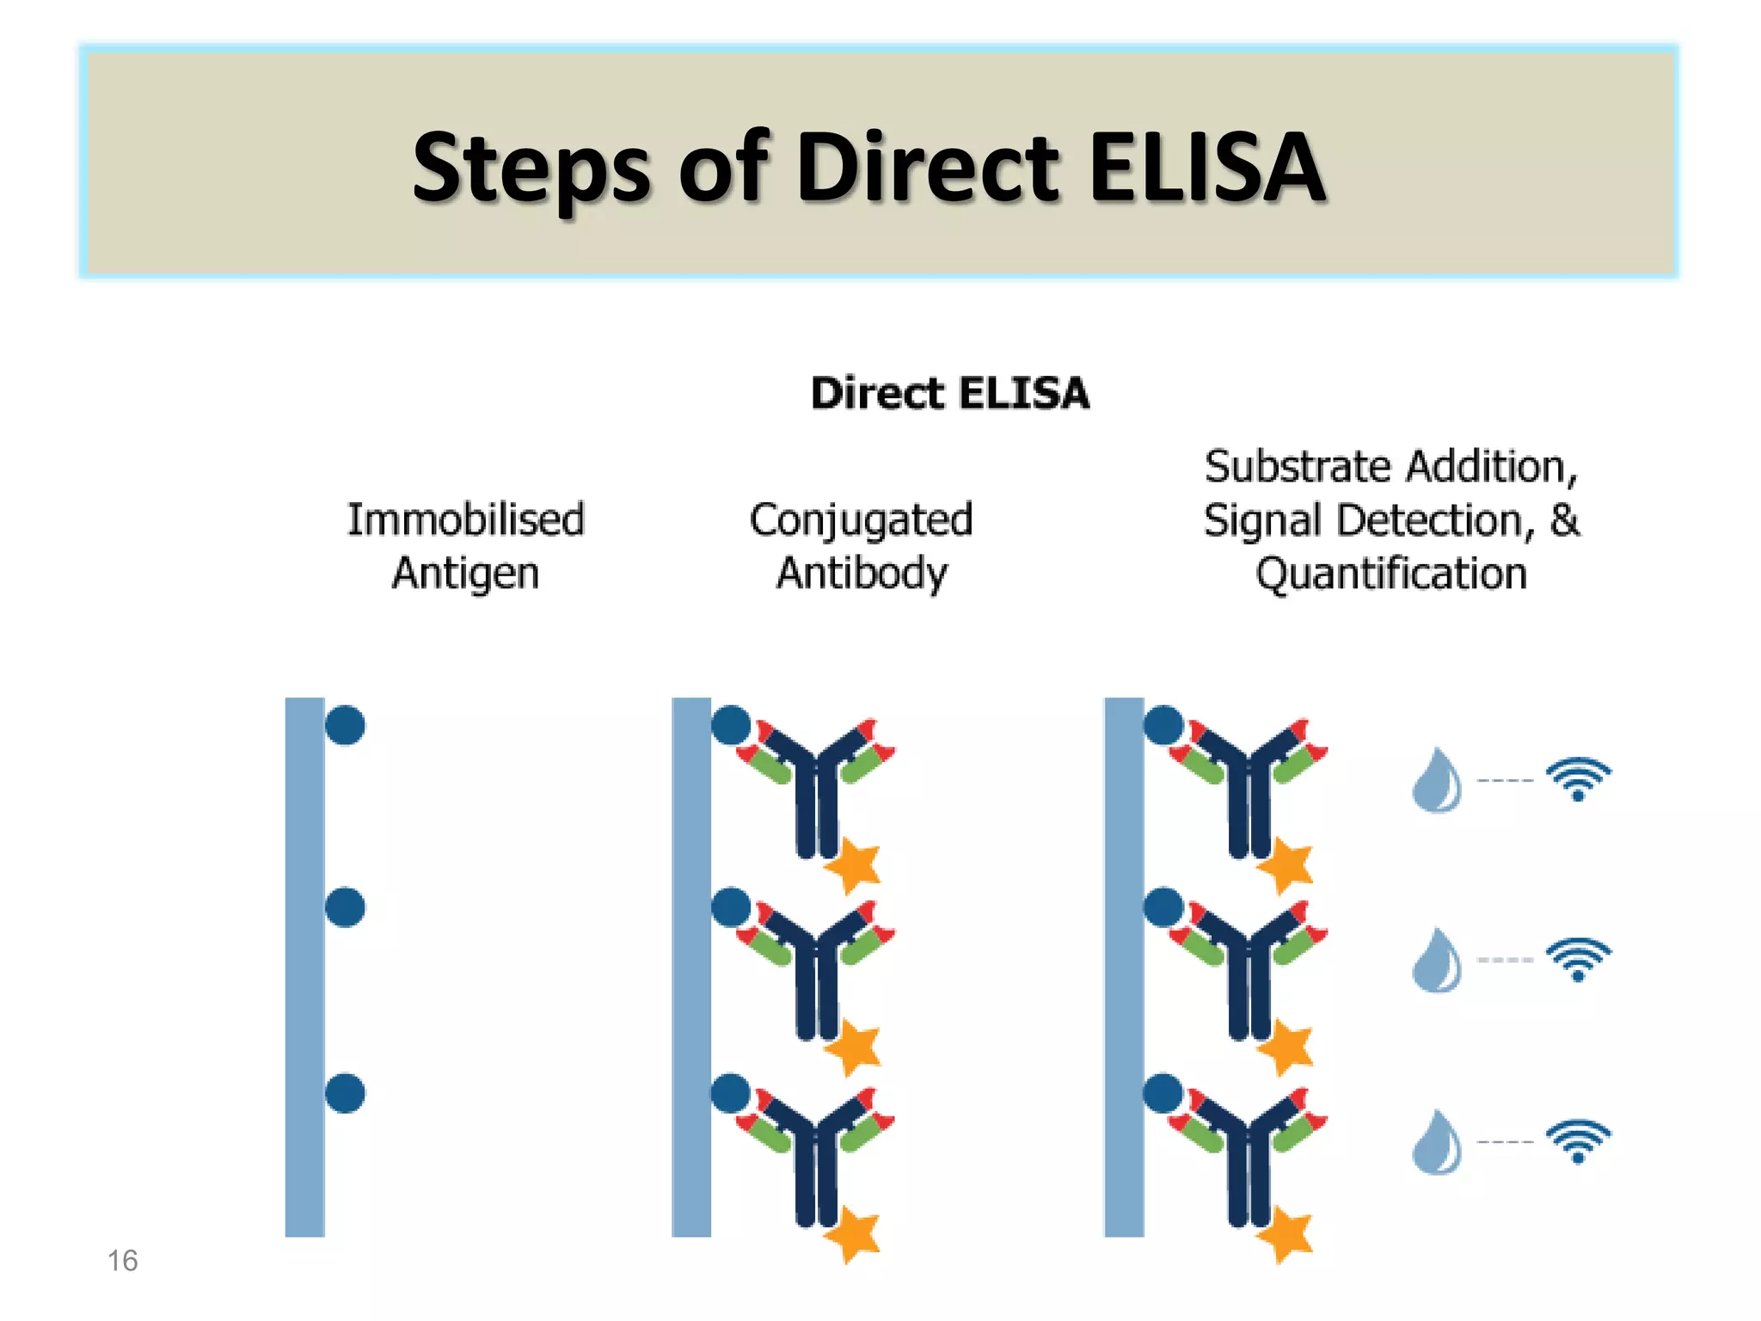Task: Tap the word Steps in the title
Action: pos(531,169)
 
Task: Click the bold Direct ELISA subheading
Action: pos(949,394)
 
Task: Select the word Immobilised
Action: pos(465,519)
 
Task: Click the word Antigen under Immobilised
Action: pos(465,574)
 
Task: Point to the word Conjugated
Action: pos(861,521)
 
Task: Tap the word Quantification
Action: pos(1390,574)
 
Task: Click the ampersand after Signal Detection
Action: pos(1564,519)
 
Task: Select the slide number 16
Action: pos(122,1261)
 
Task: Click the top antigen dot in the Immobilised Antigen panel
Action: pos(345,725)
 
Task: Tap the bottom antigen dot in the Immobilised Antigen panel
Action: pos(345,1093)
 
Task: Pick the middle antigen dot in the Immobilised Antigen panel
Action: pos(345,907)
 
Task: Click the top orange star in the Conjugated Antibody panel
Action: pos(854,864)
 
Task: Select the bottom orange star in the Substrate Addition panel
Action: pos(1286,1234)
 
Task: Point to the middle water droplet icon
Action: pos(1437,962)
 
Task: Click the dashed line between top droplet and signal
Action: pos(1505,781)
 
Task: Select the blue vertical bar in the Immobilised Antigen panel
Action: pos(304,967)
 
